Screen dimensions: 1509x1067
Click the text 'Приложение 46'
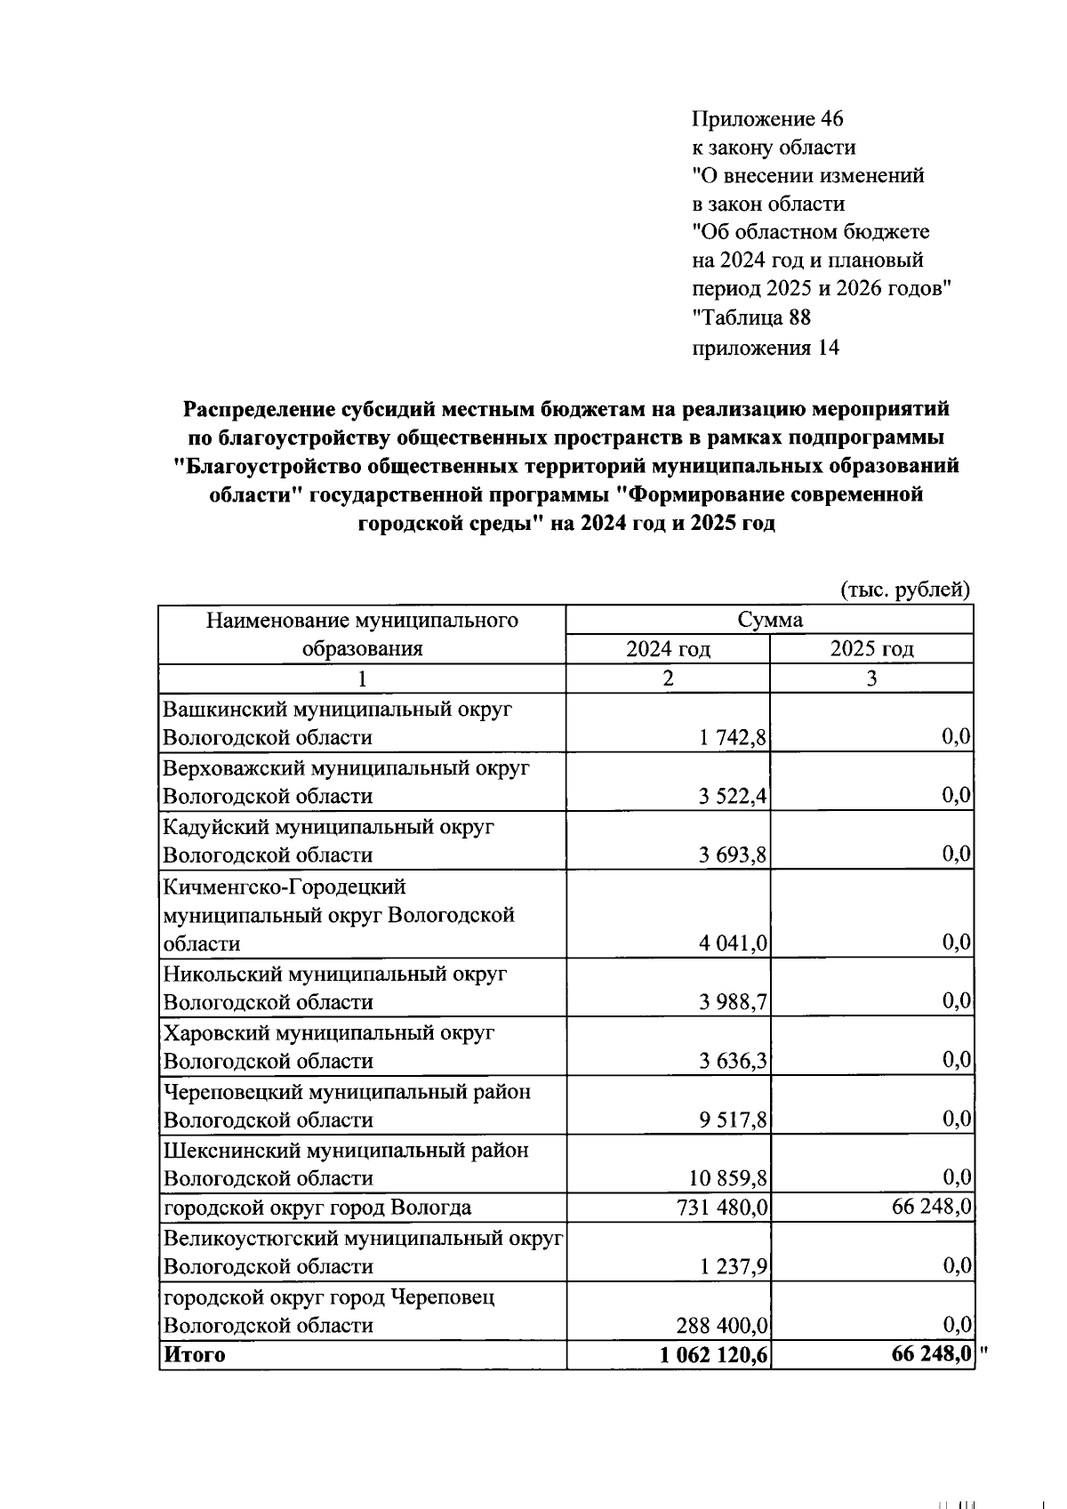[x=767, y=119]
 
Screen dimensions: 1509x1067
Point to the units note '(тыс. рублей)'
[x=904, y=589]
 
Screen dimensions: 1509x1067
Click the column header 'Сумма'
[x=769, y=620]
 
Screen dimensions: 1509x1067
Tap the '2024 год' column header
[x=668, y=649]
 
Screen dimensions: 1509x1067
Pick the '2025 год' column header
[x=871, y=649]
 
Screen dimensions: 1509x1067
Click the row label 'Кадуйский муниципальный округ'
[x=328, y=827]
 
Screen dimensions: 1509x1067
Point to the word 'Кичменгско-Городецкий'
[x=284, y=887]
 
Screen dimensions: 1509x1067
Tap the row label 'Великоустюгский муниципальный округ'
[x=363, y=1238]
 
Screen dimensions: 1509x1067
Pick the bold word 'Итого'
[x=193, y=1355]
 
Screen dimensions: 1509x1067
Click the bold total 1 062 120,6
[x=715, y=1355]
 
